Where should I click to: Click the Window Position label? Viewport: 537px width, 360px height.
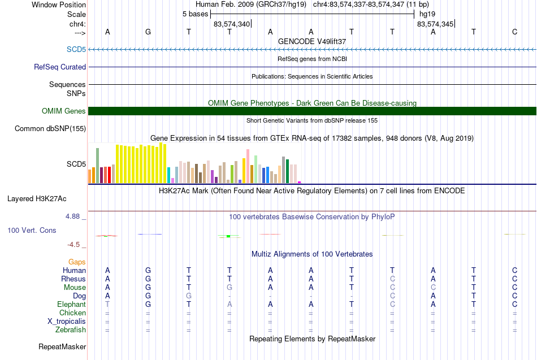59,5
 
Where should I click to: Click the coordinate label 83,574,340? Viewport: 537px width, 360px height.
232,24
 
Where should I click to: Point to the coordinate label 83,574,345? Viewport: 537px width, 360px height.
435,24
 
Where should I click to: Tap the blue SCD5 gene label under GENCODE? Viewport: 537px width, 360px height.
76,49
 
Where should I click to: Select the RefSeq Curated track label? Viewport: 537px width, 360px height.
60,67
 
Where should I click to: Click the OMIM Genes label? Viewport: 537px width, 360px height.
64,111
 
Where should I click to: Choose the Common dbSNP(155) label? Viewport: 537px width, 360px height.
50,128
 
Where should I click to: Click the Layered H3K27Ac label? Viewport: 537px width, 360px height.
37,199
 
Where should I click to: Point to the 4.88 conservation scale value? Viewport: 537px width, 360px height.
72,216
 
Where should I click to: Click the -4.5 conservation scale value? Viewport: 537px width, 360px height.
73,245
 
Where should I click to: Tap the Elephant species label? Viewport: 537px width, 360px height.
72,304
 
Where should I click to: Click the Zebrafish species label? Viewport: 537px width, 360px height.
71,329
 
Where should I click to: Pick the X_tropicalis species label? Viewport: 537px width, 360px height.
67,322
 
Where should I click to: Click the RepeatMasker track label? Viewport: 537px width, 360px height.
62,346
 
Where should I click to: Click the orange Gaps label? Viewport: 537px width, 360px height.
77,262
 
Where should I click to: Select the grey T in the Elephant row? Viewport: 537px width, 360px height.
107,304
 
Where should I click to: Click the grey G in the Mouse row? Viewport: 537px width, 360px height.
229,288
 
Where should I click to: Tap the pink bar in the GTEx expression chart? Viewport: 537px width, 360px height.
248,166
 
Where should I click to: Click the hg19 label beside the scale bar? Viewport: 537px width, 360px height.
427,14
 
